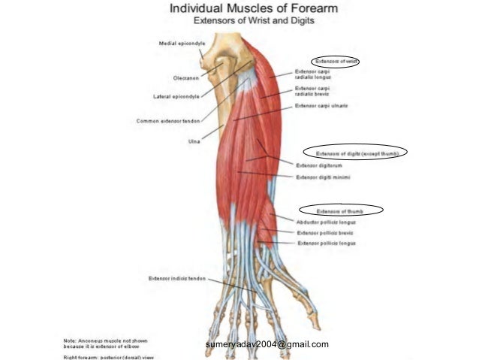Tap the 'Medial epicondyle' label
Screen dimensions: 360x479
coord(178,44)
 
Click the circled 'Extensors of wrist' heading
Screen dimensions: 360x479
coord(336,60)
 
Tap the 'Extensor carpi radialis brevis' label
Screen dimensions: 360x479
coord(314,91)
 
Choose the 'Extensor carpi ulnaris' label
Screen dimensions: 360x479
coord(322,106)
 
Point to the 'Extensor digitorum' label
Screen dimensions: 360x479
coord(320,165)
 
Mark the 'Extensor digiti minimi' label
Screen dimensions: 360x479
coord(324,177)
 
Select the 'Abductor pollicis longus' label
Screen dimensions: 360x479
coord(326,222)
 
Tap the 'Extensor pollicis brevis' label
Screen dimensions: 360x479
coord(324,233)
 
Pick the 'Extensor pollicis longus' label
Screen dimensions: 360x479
coord(327,244)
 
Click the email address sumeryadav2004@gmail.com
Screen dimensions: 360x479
coord(267,344)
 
